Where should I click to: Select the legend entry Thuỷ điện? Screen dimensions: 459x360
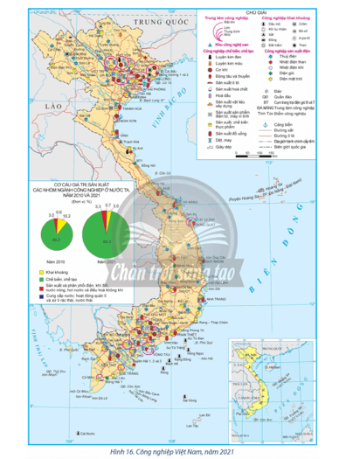[x=298, y=80]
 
